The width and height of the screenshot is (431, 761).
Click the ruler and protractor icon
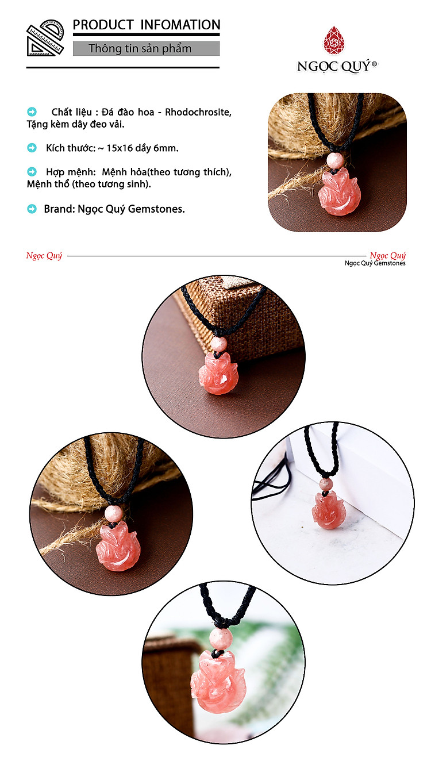coord(45,38)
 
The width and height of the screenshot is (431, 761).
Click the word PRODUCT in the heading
coord(103,25)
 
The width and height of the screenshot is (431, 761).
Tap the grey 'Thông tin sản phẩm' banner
coord(146,49)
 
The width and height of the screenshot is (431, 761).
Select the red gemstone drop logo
coord(334,40)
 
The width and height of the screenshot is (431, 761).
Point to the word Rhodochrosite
coord(198,112)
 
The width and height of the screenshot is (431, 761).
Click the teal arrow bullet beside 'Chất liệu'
coord(32,112)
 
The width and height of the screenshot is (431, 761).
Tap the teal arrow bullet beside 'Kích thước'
coord(32,148)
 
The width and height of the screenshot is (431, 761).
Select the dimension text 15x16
coord(119,148)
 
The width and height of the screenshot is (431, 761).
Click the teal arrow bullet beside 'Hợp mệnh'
coord(32,171)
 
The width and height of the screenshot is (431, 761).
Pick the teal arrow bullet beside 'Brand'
coord(32,209)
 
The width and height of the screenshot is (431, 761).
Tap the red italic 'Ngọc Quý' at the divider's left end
coord(44,255)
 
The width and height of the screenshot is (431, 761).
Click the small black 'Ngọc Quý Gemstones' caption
coord(375,263)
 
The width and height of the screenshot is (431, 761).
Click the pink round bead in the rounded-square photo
coord(335,160)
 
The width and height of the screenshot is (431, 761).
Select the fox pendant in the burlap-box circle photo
coord(218,374)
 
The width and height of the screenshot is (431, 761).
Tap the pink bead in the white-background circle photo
coord(326,484)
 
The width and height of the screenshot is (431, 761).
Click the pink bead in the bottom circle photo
coord(221,637)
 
